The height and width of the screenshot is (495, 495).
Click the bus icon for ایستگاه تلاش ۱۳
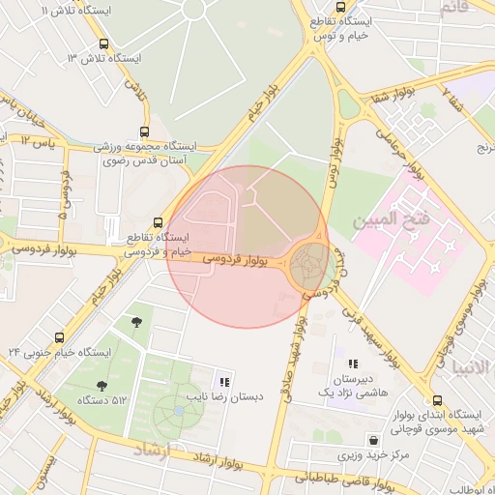[103, 44]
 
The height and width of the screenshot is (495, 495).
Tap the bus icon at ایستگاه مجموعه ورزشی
[145, 132]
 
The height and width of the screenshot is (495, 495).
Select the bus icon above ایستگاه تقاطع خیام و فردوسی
[160, 222]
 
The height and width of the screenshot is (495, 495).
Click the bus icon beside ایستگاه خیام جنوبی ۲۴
[60, 338]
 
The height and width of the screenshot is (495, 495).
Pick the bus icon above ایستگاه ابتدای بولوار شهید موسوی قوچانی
[438, 400]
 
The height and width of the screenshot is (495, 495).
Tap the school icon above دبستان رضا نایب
[225, 382]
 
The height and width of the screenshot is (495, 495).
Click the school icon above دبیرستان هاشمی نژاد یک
[353, 364]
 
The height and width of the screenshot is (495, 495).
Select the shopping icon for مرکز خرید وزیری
[372, 440]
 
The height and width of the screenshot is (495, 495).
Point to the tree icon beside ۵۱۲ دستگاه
[102, 387]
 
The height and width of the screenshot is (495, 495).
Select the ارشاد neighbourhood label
[151, 449]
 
